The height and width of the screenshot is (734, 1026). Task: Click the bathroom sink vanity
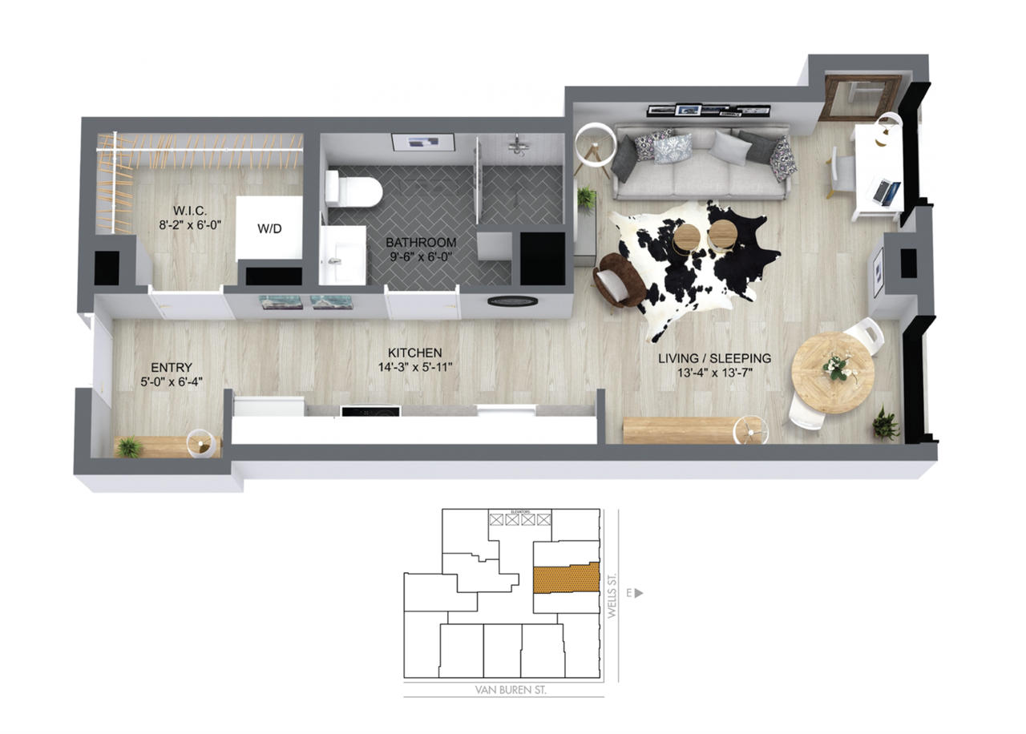[341, 255]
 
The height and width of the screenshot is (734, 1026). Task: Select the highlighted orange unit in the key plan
[566, 578]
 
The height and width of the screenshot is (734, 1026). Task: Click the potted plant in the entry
[128, 447]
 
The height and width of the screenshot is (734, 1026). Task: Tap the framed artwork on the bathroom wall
[422, 143]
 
